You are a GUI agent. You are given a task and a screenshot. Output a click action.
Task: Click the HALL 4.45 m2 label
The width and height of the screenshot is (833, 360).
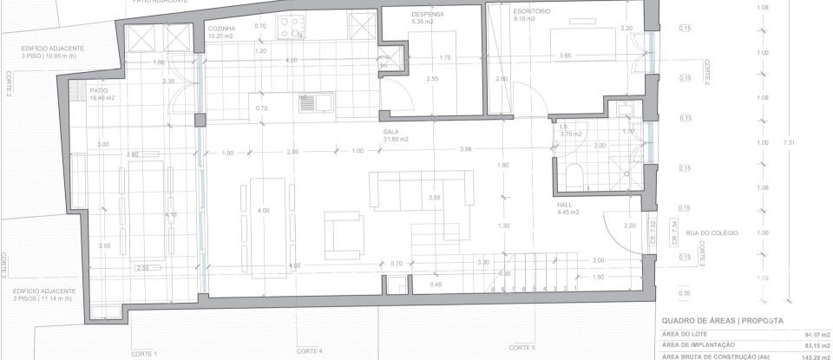567,208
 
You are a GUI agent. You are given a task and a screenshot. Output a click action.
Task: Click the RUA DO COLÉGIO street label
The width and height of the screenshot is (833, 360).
704,232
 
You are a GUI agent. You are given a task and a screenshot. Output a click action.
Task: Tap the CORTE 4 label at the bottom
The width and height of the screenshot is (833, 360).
309,350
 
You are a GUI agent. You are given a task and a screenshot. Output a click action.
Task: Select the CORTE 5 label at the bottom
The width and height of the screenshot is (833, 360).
522,347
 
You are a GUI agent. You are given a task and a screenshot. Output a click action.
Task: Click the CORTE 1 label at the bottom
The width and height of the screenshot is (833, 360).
143,354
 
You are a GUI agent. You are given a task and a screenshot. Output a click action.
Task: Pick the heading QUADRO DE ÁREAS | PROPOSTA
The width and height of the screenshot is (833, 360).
722,321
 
